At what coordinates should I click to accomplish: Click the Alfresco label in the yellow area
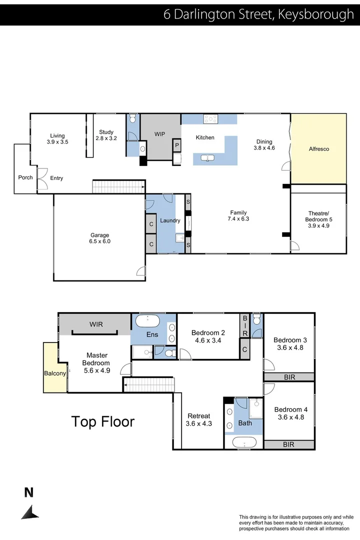pos(319,149)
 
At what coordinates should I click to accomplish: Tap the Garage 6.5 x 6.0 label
pos(99,238)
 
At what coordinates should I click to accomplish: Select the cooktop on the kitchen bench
pos(210,119)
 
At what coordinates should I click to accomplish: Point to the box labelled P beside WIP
pos(176,146)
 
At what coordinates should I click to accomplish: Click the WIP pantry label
pos(159,134)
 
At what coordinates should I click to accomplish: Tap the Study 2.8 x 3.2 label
pos(106,135)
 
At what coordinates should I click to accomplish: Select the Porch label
pos(25,177)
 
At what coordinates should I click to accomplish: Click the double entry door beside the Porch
pos(42,177)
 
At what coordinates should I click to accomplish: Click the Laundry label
pos(170,220)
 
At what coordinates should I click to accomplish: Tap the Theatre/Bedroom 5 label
pos(318,219)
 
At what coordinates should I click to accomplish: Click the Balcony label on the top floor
pos(54,373)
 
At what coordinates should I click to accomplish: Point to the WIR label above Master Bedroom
pos(96,324)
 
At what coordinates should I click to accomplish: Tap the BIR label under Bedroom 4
pos(289,444)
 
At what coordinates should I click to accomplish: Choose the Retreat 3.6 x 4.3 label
pos(198,419)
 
